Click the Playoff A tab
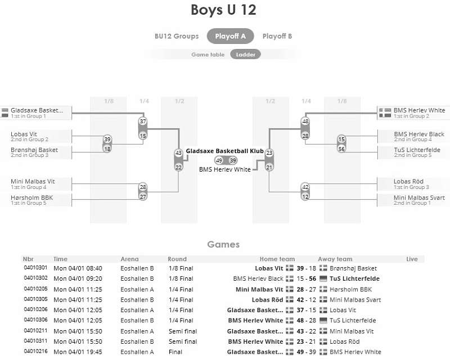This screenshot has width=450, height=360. [230, 36]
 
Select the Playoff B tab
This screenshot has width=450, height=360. [277, 36]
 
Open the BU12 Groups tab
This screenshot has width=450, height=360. [177, 36]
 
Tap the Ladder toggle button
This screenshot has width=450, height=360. [245, 54]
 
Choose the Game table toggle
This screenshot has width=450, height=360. [208, 54]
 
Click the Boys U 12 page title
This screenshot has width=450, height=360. [223, 10]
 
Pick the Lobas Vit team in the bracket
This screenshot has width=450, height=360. [24, 134]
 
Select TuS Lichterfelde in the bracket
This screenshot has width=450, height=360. [417, 150]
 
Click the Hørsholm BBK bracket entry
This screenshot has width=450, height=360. [32, 197]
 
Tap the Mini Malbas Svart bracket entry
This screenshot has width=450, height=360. [419, 197]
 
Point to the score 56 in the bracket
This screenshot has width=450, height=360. [341, 148]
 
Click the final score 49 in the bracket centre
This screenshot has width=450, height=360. [219, 160]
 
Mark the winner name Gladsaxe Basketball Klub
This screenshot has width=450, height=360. [224, 151]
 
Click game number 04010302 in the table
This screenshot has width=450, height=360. [35, 278]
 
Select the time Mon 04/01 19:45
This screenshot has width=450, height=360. [78, 352]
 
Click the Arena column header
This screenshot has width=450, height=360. [129, 259]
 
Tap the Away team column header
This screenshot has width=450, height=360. [335, 259]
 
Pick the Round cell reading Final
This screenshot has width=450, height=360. [175, 352]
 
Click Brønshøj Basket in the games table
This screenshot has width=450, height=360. [353, 268]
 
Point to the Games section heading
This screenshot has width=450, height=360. [223, 244]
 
